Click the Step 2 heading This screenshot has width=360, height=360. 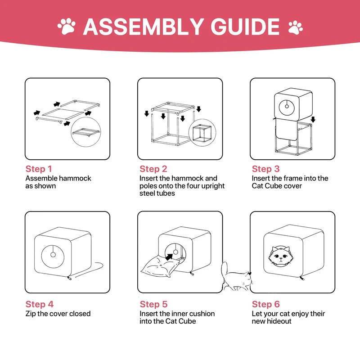pyautogui.click(x=153, y=169)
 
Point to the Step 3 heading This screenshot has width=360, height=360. pyautogui.click(x=265, y=169)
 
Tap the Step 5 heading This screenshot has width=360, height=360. pyautogui.click(x=153, y=305)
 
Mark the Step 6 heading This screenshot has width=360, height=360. pyautogui.click(x=265, y=305)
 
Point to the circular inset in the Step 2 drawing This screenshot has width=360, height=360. pyautogui.click(x=203, y=133)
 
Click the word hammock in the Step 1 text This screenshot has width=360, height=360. pyautogui.click(x=74, y=178)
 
